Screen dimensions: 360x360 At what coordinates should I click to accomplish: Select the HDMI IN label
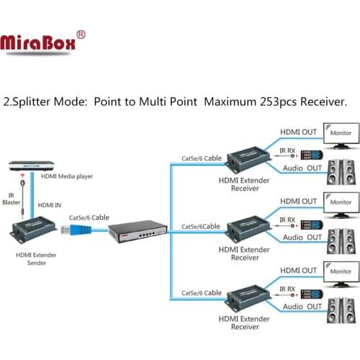point(48,205)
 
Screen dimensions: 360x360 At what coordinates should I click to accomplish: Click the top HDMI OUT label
point(298,131)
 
